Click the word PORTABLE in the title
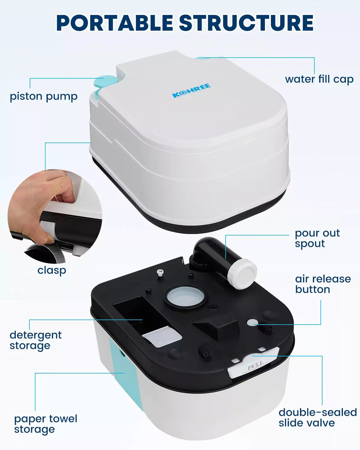(x=115, y=23)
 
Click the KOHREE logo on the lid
(x=191, y=91)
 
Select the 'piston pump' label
(x=43, y=97)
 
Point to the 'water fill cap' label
(x=319, y=79)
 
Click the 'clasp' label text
(x=52, y=270)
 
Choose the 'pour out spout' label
(x=317, y=238)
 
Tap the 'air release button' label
(x=323, y=284)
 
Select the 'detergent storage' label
(x=35, y=340)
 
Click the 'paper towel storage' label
(x=46, y=424)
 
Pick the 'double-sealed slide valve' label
(x=317, y=418)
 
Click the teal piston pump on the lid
(x=102, y=82)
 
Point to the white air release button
(x=253, y=323)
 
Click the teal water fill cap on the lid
(x=200, y=58)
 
